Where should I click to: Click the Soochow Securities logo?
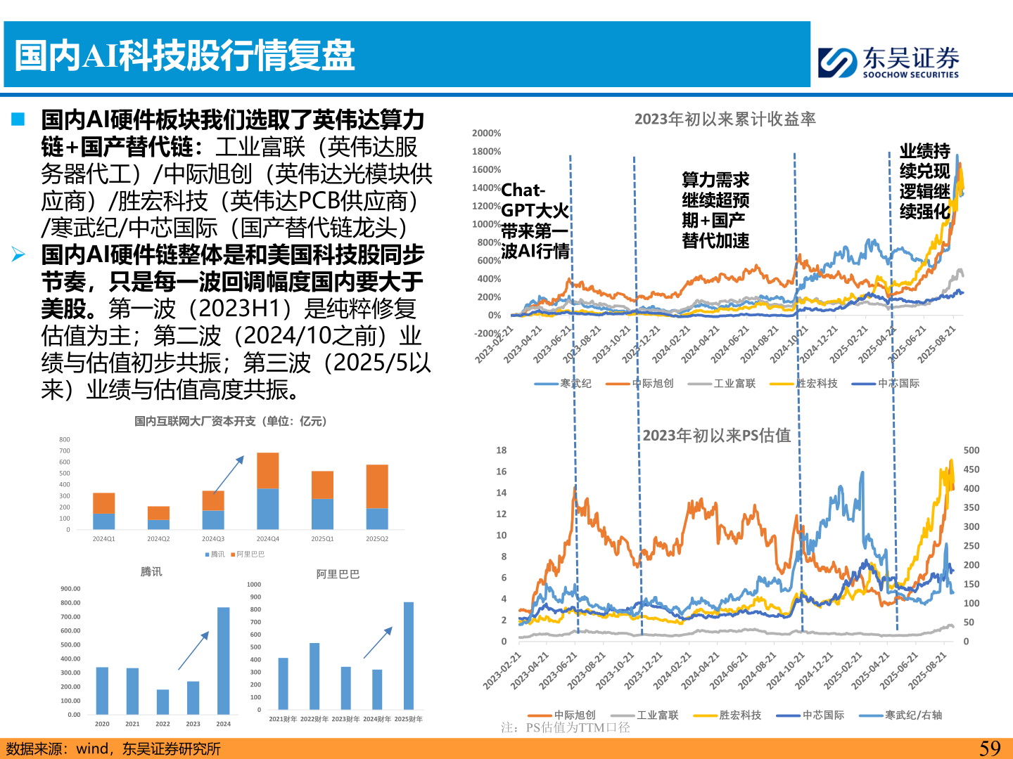[x=888, y=63]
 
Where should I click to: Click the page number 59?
[x=990, y=748]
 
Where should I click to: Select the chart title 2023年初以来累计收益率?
[x=725, y=119]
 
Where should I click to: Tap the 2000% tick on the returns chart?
[x=487, y=134]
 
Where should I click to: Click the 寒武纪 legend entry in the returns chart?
[x=563, y=384]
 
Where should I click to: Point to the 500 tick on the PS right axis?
[x=971, y=450]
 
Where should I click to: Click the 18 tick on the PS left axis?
[x=501, y=450]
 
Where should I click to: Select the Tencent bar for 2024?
[x=224, y=660]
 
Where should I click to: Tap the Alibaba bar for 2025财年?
[x=409, y=655]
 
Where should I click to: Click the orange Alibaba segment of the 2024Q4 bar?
[x=268, y=470]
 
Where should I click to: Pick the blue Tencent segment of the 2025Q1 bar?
[x=322, y=514]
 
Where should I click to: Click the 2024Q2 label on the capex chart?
[x=158, y=539]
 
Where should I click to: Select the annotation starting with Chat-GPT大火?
[x=535, y=221]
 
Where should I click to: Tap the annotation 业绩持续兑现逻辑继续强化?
[x=924, y=181]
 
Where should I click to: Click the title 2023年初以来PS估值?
[x=716, y=436]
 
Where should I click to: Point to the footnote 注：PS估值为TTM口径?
[x=565, y=728]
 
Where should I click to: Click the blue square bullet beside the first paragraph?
[x=18, y=119]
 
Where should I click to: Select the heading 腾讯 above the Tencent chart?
[x=151, y=571]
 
